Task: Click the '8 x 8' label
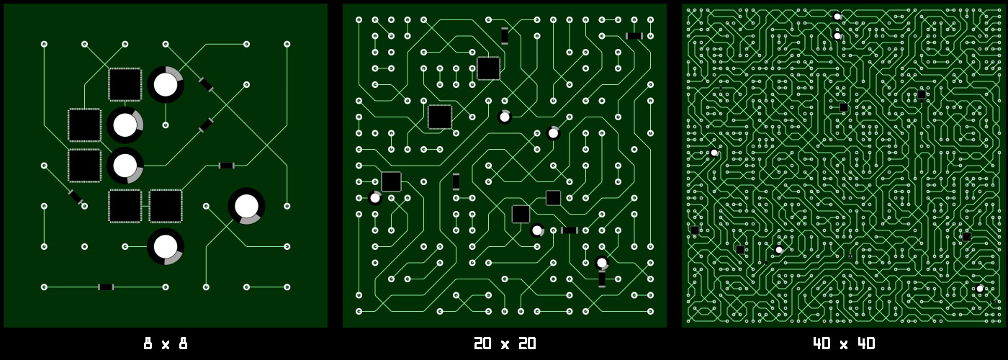(166, 343)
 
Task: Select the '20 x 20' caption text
(504, 343)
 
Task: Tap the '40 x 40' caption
(844, 343)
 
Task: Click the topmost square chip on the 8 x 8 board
(125, 84)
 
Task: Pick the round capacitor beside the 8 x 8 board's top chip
(166, 84)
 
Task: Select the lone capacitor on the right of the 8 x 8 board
(246, 206)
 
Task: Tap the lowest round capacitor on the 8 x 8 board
(166, 246)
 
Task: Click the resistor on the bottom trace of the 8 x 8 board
(106, 287)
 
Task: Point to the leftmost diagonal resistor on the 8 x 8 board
(76, 196)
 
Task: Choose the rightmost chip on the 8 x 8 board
(166, 206)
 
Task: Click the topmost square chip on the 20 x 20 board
(488, 68)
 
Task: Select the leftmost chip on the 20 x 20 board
(391, 181)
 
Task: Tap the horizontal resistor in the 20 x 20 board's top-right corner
(634, 36)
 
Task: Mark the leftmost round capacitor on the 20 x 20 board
(375, 198)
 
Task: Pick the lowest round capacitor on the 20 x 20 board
(602, 263)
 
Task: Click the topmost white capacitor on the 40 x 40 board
(837, 17)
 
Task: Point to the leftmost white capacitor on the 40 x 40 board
(714, 153)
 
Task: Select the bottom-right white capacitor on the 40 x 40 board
(979, 289)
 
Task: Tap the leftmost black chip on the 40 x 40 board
(695, 230)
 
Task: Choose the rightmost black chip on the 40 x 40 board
(967, 237)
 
